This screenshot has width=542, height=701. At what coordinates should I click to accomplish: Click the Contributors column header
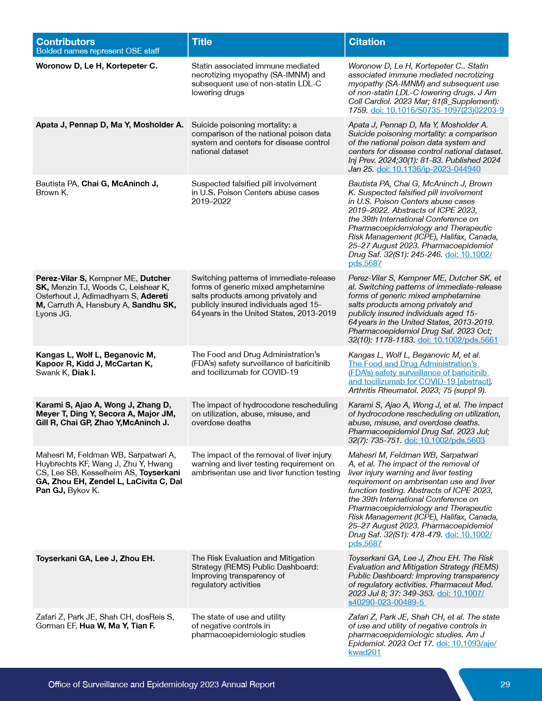pyautogui.click(x=66, y=42)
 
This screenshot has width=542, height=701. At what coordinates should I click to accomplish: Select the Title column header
pyautogui.click(x=202, y=42)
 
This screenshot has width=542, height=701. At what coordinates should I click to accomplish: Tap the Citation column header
pyautogui.click(x=367, y=42)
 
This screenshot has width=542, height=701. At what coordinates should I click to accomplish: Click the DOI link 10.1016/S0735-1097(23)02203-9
pyautogui.click(x=437, y=110)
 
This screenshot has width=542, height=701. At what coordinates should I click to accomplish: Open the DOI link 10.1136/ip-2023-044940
pyautogui.click(x=428, y=169)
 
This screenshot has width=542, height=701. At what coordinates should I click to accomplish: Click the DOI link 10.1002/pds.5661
pyautogui.click(x=457, y=340)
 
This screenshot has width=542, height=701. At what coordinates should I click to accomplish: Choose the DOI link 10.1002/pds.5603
pyautogui.click(x=444, y=440)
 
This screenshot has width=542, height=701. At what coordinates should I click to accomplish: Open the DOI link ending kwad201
pyautogui.click(x=364, y=652)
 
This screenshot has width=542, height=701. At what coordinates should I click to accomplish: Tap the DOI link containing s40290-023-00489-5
pyautogui.click(x=386, y=602)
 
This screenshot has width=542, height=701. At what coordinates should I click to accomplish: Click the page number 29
pyautogui.click(x=505, y=685)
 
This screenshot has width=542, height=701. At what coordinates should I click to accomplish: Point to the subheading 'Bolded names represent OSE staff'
pyautogui.click(x=98, y=51)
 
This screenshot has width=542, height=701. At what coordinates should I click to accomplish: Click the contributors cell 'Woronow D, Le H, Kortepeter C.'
pyautogui.click(x=97, y=66)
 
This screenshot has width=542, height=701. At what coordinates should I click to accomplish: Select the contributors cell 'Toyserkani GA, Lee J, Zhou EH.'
pyautogui.click(x=95, y=558)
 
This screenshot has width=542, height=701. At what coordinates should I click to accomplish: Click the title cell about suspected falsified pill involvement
pyautogui.click(x=255, y=193)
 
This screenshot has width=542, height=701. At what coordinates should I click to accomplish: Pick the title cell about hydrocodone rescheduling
pyautogui.click(x=264, y=414)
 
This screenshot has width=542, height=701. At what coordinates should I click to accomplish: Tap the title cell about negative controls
pyautogui.click(x=248, y=626)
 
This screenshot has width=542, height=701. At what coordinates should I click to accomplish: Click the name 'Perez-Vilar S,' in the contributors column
pyautogui.click(x=61, y=278)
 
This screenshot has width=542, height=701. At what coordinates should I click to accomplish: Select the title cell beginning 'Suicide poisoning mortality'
pyautogui.click(x=261, y=138)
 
